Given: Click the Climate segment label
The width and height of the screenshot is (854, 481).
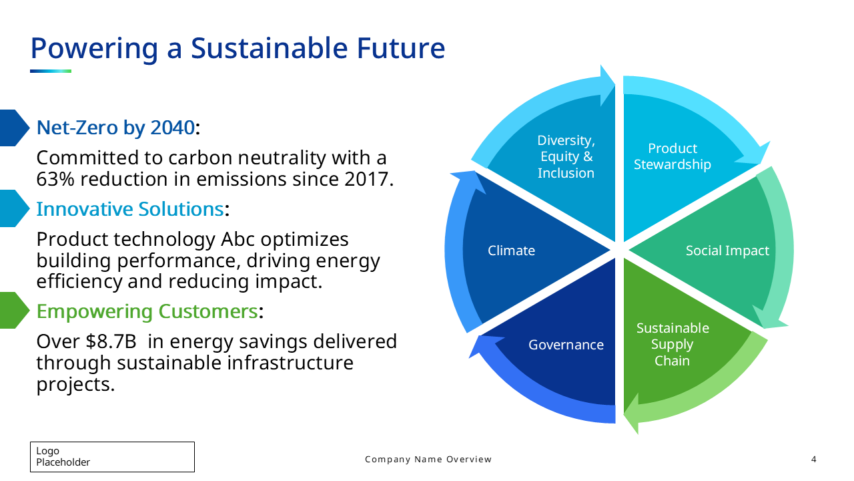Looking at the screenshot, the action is coord(511,251).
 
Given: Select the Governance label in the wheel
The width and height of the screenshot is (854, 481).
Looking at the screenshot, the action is coord(566,345).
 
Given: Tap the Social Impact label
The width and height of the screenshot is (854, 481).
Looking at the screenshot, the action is coord(727,251).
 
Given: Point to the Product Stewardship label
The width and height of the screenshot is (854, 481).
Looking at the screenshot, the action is coord(672,156).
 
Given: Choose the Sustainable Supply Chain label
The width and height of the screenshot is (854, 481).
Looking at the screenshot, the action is coord(673,344).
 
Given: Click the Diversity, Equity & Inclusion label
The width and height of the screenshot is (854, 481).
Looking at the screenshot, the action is coord(566,156).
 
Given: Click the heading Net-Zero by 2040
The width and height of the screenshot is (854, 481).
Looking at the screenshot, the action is coord(115,128).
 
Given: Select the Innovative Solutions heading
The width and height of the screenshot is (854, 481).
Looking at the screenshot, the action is coord(130,209).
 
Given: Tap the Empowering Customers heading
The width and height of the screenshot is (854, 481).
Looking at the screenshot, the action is coord(147,311).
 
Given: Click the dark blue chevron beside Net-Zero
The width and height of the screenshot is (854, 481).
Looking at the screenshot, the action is coord(14,128).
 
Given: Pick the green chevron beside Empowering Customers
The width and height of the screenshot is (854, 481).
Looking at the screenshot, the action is coord(14,311).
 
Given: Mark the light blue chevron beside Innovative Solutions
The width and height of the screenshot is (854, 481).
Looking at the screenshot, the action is coord(14,208).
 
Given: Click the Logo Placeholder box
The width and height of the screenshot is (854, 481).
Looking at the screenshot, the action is coord(113,457).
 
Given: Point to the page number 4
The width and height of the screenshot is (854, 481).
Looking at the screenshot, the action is coord(813,459).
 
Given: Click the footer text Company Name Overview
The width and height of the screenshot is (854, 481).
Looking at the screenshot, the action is coord(428,459).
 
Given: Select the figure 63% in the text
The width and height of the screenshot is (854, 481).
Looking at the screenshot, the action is coord(55,179).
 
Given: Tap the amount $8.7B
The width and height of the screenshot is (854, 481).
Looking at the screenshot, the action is coord(111,341).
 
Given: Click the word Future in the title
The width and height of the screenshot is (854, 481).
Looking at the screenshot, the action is coord(401,49).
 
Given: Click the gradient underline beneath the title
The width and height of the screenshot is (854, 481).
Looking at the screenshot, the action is coord(51,71).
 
